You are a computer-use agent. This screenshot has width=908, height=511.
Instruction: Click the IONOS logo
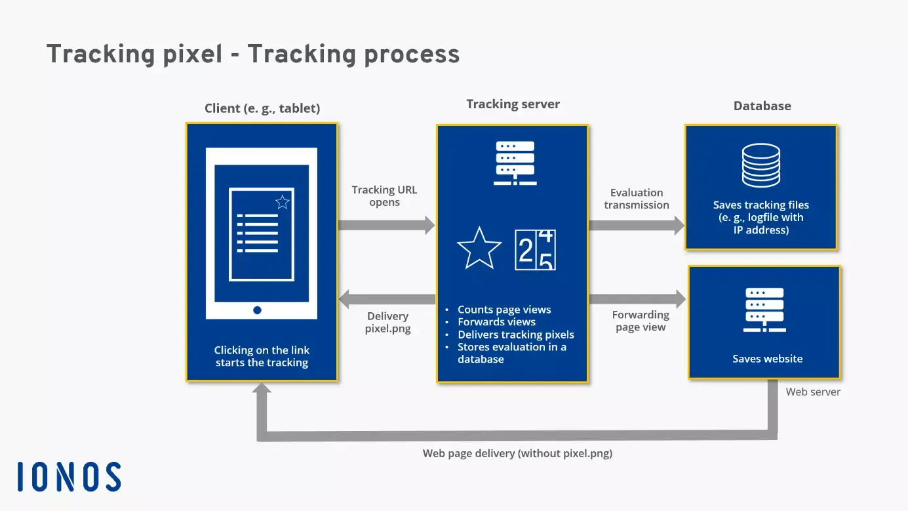click(69, 477)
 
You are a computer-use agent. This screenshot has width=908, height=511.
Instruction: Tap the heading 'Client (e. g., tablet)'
click(262, 108)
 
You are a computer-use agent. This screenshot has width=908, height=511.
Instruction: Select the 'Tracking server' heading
click(513, 104)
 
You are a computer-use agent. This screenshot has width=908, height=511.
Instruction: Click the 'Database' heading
click(762, 106)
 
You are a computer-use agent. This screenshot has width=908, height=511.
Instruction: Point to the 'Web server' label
click(813, 392)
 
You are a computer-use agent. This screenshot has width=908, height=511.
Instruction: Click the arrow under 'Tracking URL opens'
click(386, 225)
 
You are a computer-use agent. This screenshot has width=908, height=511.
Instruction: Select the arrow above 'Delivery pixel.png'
click(387, 300)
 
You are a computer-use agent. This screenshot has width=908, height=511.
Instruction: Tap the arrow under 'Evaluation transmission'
click(636, 225)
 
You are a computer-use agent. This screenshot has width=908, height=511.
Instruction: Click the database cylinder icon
click(761, 165)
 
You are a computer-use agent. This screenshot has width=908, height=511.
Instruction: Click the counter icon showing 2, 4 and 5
click(535, 250)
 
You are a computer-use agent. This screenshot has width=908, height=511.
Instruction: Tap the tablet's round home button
click(257, 310)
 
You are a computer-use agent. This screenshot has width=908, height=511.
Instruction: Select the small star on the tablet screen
click(283, 202)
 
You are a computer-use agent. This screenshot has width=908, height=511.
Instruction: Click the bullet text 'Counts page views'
click(504, 310)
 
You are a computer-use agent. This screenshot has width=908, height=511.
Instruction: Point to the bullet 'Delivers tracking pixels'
click(515, 335)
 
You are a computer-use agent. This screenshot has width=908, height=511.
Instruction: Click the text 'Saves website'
click(767, 359)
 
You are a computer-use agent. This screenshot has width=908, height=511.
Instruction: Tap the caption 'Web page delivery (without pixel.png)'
click(517, 453)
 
